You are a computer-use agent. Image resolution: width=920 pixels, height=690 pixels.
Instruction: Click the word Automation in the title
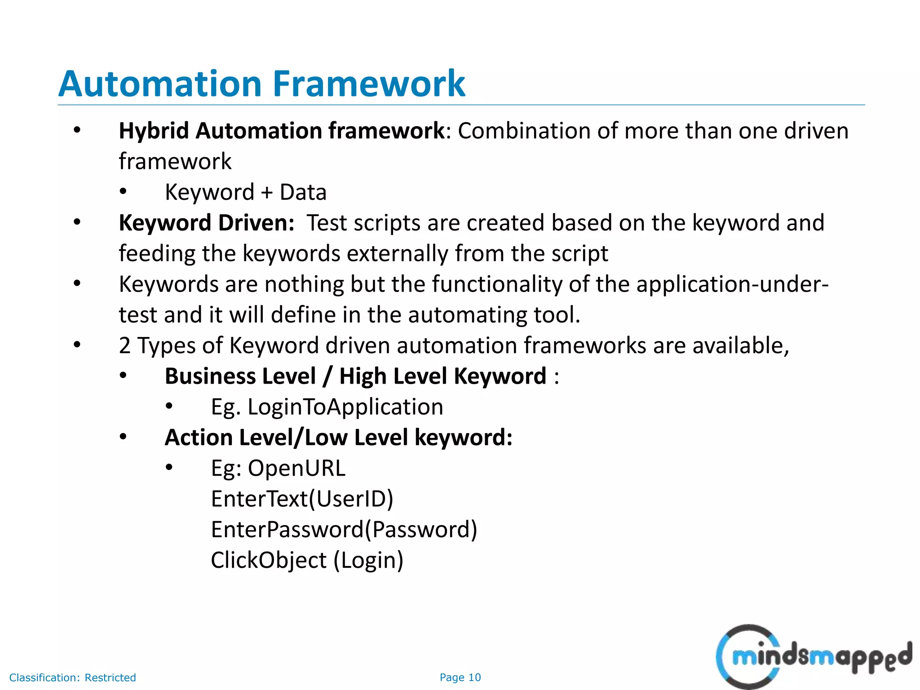tap(160, 84)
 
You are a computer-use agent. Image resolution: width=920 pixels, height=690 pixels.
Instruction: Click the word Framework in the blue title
tap(369, 84)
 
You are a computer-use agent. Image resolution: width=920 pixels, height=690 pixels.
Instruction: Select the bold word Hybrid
tap(154, 131)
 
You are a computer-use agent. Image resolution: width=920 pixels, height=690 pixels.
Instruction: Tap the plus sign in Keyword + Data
tap(267, 193)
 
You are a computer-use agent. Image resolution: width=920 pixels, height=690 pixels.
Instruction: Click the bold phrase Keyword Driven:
tap(206, 223)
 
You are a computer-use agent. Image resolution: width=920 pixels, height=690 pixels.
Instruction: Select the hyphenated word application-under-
tap(732, 284)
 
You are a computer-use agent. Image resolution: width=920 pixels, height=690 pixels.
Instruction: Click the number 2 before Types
tap(124, 346)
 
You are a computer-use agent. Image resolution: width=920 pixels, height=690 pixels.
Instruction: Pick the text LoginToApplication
tap(345, 407)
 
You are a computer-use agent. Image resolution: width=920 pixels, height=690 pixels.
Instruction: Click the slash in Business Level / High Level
tap(327, 376)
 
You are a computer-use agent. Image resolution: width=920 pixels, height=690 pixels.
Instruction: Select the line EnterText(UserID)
tap(302, 499)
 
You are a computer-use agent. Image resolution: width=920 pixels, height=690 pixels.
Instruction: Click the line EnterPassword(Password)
tap(344, 530)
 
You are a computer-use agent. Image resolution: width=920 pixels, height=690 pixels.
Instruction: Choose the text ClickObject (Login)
tap(307, 561)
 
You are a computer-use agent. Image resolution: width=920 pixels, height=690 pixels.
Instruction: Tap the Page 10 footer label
tap(460, 677)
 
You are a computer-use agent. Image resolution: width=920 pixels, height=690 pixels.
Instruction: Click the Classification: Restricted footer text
tap(72, 677)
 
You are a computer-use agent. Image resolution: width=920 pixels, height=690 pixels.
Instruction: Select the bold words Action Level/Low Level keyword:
tap(338, 438)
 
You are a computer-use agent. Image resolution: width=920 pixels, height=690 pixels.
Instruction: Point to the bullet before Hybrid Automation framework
tap(77, 130)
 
